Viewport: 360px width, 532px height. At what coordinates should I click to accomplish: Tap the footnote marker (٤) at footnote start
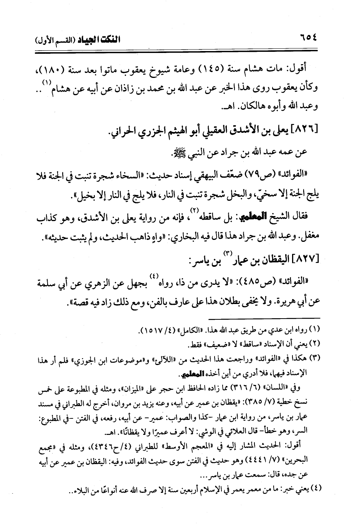[x=315, y=489]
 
